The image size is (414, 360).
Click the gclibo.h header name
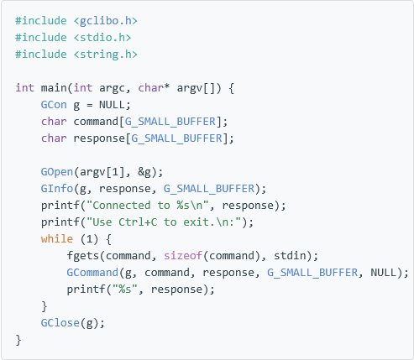click(106, 21)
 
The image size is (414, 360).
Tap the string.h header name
click(106, 55)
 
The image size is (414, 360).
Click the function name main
click(54, 88)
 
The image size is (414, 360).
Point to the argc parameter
click(112, 88)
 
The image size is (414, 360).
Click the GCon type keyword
click(54, 105)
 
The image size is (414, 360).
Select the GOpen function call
click(57, 172)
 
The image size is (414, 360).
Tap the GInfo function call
click(57, 189)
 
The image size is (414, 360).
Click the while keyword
click(57, 239)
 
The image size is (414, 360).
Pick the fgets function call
click(83, 256)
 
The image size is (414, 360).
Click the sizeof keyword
click(183, 256)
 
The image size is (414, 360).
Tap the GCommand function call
click(92, 273)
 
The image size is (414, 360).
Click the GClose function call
click(60, 323)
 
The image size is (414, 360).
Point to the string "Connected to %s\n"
click(148, 206)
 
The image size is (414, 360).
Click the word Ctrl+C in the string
click(138, 222)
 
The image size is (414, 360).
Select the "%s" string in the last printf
click(125, 290)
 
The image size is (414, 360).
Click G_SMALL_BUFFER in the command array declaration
click(170, 122)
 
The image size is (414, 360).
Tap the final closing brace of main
click(18, 340)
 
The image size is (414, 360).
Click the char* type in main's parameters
click(154, 88)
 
